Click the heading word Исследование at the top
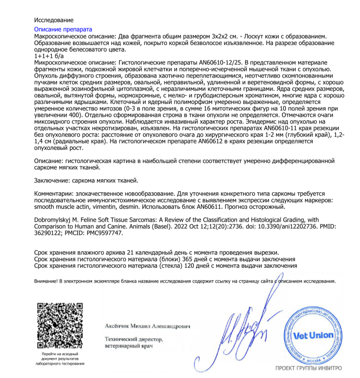pos(53,20)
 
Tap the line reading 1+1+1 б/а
pos(49,56)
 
